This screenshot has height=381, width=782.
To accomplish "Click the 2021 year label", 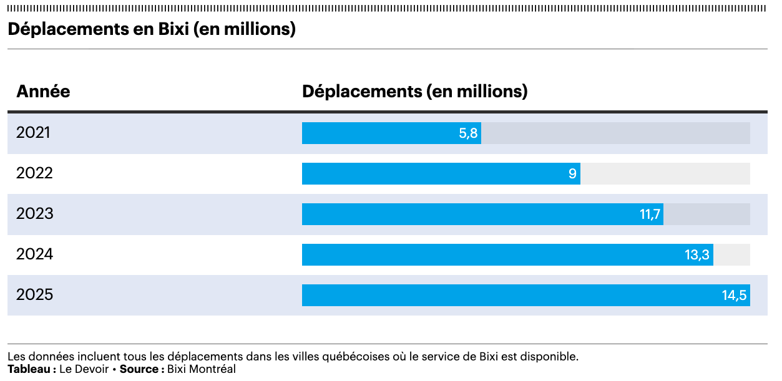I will pyautogui.click(x=33, y=133).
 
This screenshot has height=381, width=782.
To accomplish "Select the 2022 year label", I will pyautogui.click(x=34, y=173).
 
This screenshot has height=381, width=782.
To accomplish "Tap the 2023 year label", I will pyautogui.click(x=35, y=214).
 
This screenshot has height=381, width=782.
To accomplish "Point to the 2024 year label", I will pyautogui.click(x=35, y=254).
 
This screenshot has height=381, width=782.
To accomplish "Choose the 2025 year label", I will pyautogui.click(x=35, y=295).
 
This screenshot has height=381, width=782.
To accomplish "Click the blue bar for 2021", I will pyautogui.click(x=381, y=133).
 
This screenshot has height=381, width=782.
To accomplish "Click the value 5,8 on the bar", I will pyautogui.click(x=468, y=133).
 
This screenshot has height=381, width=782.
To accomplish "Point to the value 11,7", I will pyautogui.click(x=650, y=215).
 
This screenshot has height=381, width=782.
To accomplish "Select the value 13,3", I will pyautogui.click(x=697, y=255).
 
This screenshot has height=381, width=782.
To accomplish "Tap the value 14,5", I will pyautogui.click(x=735, y=296).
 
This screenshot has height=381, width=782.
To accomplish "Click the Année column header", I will pyautogui.click(x=43, y=92).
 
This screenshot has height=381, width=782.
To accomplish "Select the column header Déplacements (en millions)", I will pyautogui.click(x=414, y=92).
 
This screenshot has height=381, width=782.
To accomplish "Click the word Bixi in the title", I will pyautogui.click(x=170, y=29).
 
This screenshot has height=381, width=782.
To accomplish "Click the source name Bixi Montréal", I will pyautogui.click(x=202, y=369).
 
